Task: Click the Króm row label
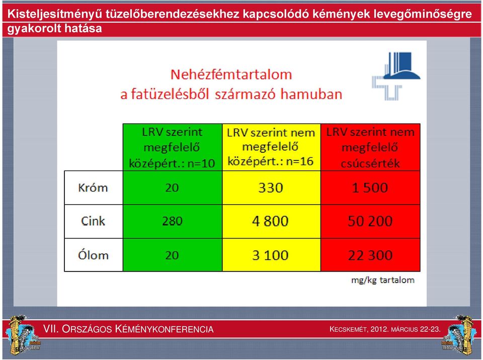point(93,188)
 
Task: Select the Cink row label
point(93,221)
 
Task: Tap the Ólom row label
point(93,255)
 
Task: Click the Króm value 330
point(271,188)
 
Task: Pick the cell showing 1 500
point(370,188)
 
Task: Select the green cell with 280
point(172,221)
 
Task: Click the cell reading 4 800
point(271,221)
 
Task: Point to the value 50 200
point(370,221)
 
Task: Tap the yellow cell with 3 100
point(271,255)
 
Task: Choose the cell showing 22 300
point(370,255)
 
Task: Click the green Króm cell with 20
point(172,188)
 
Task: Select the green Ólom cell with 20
point(172,255)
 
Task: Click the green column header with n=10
point(172,147)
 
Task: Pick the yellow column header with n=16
point(271,147)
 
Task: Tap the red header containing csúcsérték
point(370,147)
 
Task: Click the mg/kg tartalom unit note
point(383,280)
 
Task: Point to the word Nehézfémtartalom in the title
point(231,74)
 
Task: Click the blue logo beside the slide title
point(396,76)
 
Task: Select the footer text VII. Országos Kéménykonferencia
point(128,329)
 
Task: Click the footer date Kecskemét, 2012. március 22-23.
point(385,329)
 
